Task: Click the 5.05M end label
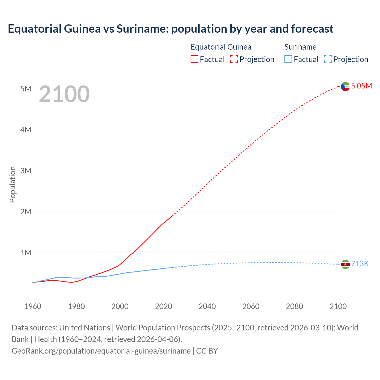pyautogui.click(x=361, y=86)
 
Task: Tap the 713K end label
pyautogui.click(x=360, y=264)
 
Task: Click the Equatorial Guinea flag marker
pyautogui.click(x=345, y=87)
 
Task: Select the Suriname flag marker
pyautogui.click(x=345, y=264)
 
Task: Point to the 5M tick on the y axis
pyautogui.click(x=26, y=89)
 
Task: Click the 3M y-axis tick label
pyautogui.click(x=26, y=171)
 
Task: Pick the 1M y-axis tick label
pyautogui.click(x=26, y=253)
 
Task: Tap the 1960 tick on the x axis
pyautogui.click(x=33, y=306)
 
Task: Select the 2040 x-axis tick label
pyautogui.click(x=207, y=306)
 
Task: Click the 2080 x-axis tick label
pyautogui.click(x=294, y=306)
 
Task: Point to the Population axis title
pyautogui.click(x=12, y=184)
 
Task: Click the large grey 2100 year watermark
pyautogui.click(x=64, y=94)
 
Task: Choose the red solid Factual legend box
pyautogui.click(x=194, y=59)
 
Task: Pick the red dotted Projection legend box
pyautogui.click(x=234, y=59)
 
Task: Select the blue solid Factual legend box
pyautogui.click(x=288, y=59)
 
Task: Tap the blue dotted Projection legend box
pyautogui.click(x=328, y=59)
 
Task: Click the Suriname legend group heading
pyautogui.click(x=300, y=47)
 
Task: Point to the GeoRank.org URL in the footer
pyautogui.click(x=101, y=351)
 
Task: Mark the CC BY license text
pyautogui.click(x=207, y=351)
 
